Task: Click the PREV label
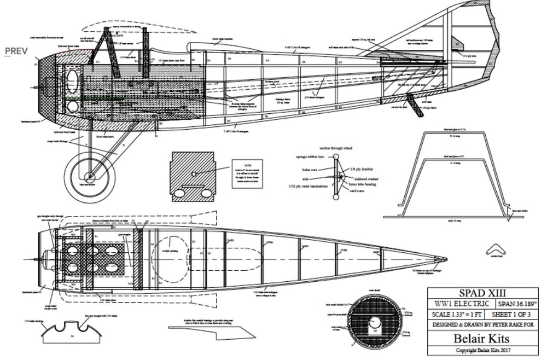[16, 51]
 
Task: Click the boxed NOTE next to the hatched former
[247, 174]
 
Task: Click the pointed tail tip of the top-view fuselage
[445, 257]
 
